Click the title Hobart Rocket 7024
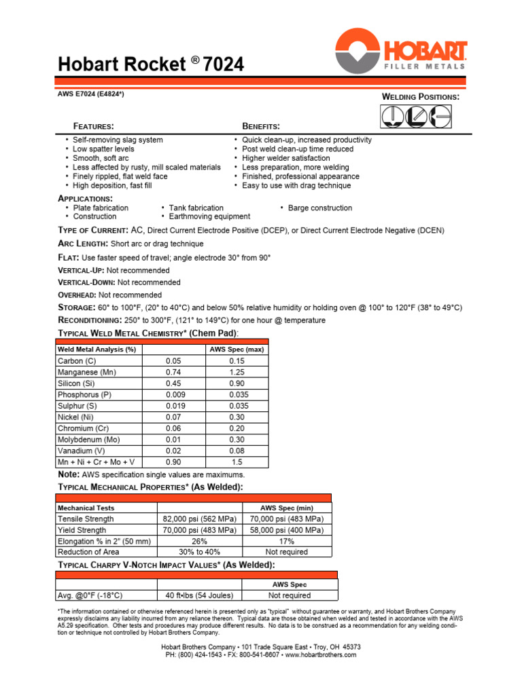click(x=150, y=64)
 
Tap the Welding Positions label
click(x=421, y=97)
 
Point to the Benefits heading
click(x=261, y=126)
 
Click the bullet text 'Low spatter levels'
click(x=104, y=149)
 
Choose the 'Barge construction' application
click(x=320, y=208)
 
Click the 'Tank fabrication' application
click(x=196, y=208)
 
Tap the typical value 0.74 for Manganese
click(x=173, y=372)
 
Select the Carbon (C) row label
click(x=77, y=361)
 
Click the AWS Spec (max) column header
click(x=237, y=350)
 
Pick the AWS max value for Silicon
click(x=237, y=383)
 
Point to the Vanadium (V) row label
click(x=81, y=451)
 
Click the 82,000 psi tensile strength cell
click(x=200, y=519)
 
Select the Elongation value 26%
click(x=200, y=541)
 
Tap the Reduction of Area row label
click(x=88, y=552)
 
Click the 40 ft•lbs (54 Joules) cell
click(x=200, y=595)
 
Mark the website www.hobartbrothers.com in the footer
click(x=321, y=655)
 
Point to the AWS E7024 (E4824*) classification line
click(x=90, y=94)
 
